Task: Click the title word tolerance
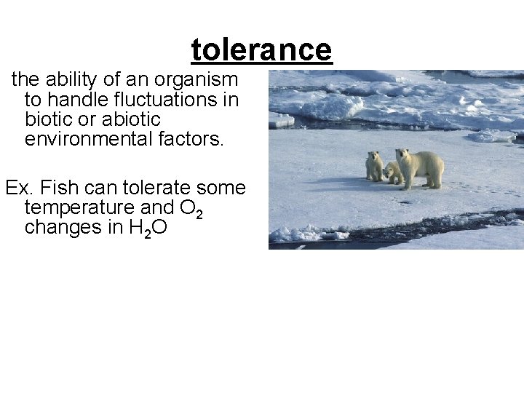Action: click(261, 49)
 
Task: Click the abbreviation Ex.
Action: click(16, 188)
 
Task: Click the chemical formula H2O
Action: click(148, 229)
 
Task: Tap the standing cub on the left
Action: click(374, 166)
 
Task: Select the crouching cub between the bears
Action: click(393, 173)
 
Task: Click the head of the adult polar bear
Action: click(402, 156)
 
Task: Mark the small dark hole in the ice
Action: click(405, 202)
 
